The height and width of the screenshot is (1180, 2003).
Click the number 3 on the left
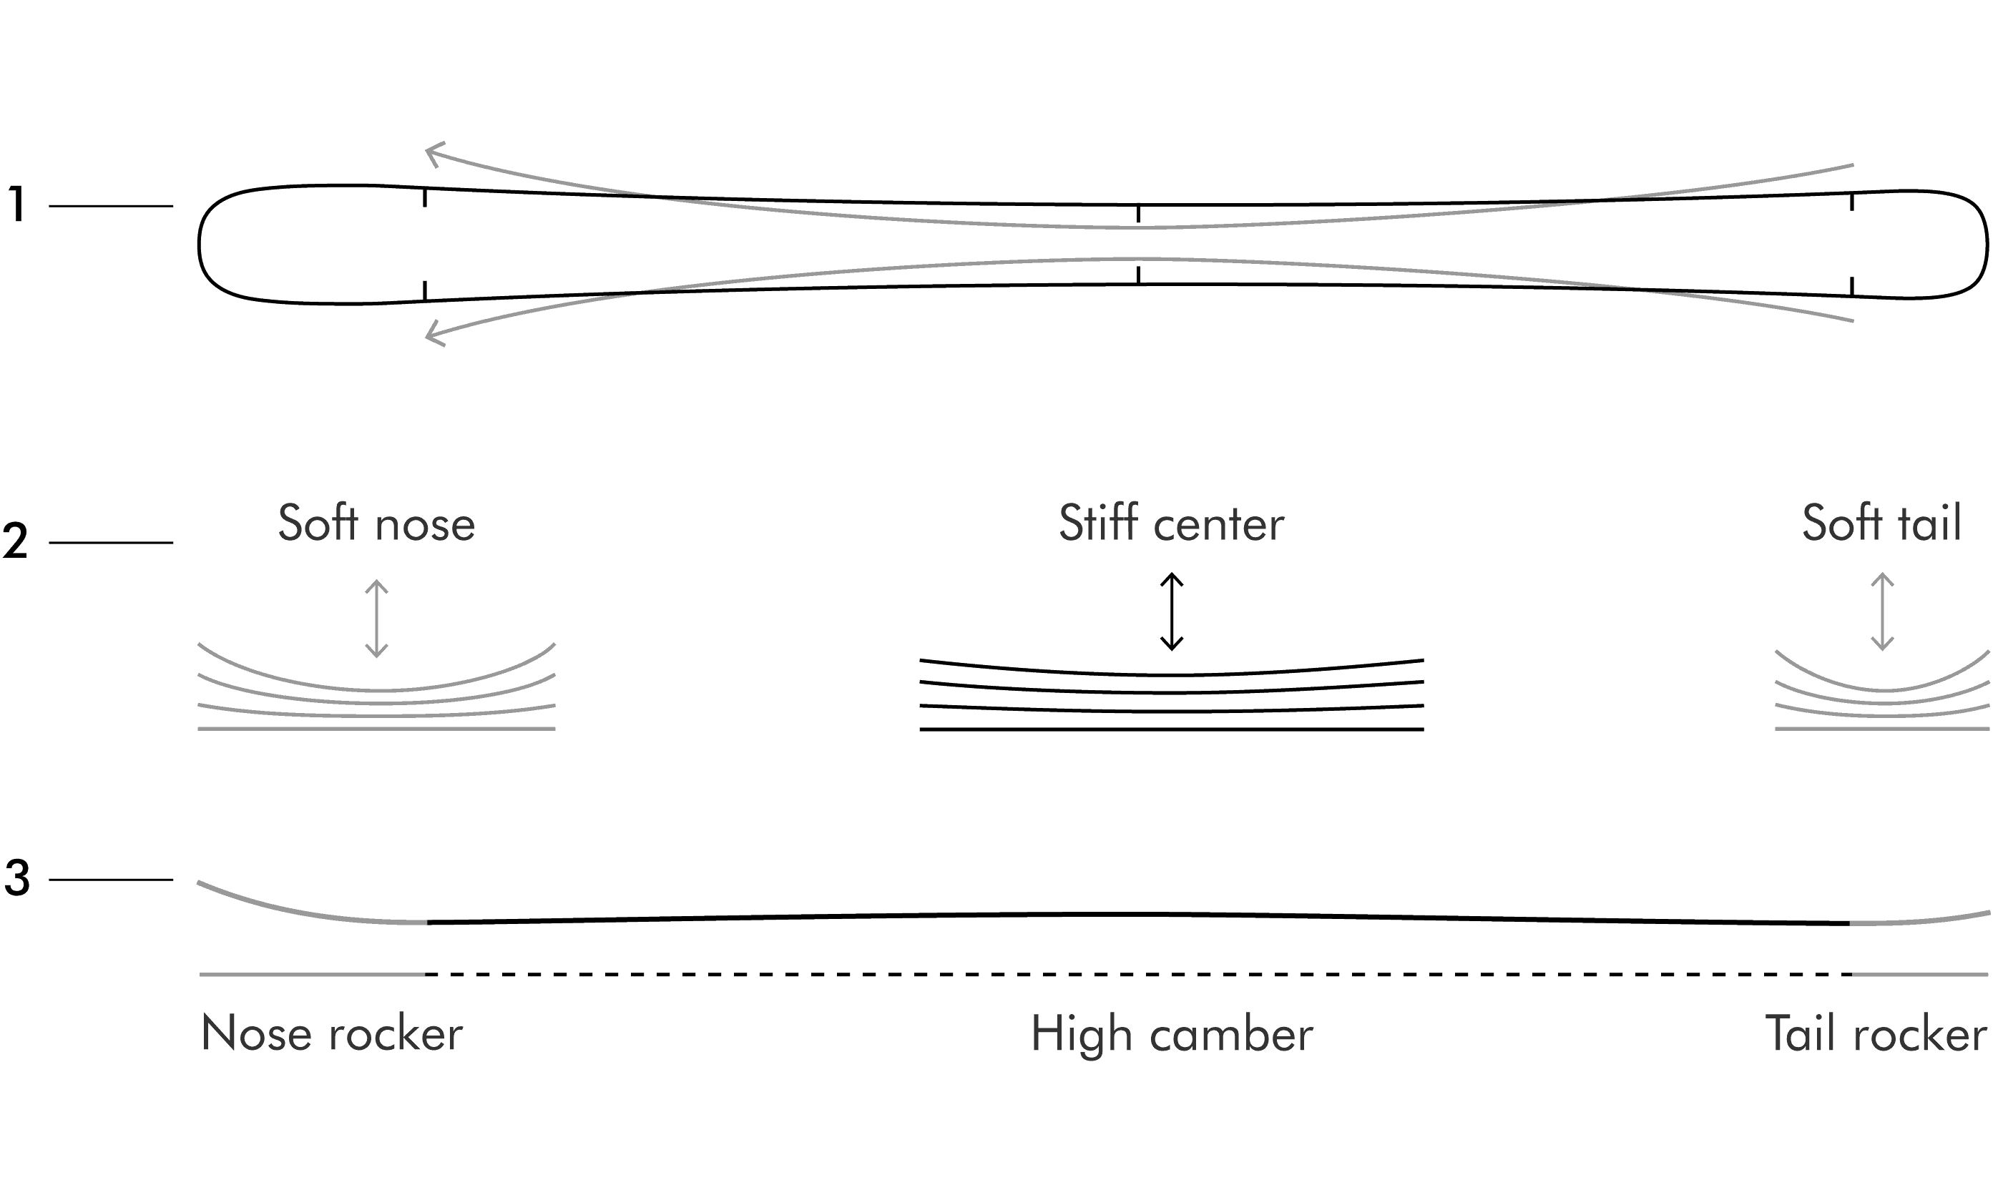click(16, 879)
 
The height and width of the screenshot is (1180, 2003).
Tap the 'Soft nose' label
click(377, 523)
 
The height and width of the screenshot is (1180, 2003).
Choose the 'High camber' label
click(1172, 1035)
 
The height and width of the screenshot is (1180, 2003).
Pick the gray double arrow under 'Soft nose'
click(376, 619)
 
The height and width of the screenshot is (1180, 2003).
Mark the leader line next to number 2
click(111, 542)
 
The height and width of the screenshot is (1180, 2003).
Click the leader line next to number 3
click(111, 880)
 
